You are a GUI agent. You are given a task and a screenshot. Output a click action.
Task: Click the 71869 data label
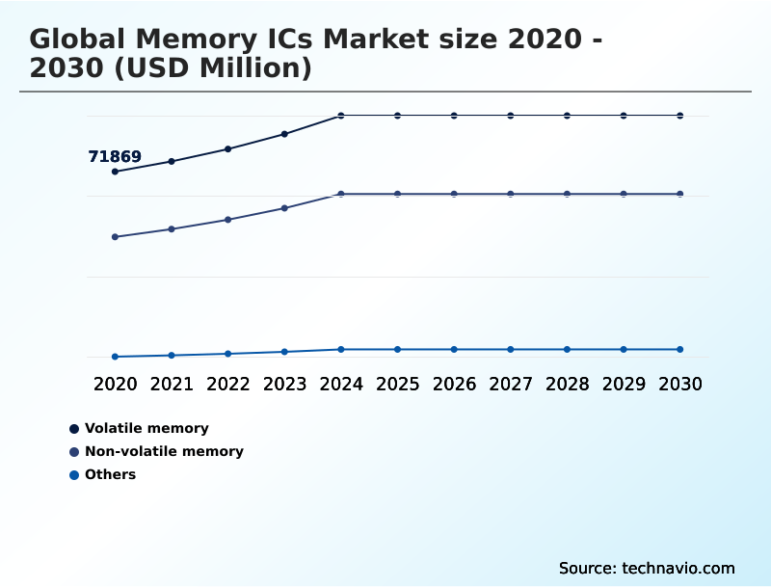[115, 156]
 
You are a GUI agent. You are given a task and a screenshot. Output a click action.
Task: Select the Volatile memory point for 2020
[115, 172]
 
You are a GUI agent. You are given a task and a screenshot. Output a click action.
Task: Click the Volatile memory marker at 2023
[284, 134]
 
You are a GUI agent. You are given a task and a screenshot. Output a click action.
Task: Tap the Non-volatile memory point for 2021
[172, 228]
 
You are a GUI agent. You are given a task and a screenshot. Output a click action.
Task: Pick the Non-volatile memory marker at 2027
[511, 194]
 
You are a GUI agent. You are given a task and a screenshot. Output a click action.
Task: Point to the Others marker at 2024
[341, 349]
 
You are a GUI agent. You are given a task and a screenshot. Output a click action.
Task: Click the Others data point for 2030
[680, 349]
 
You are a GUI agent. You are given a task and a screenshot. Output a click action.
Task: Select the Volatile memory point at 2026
[454, 116]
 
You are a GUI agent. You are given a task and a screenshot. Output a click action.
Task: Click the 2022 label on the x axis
[228, 384]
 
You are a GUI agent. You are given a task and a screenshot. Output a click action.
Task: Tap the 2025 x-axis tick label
[397, 384]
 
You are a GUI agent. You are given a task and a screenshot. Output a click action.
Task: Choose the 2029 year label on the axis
[624, 384]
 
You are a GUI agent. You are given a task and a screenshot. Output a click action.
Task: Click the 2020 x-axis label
[115, 384]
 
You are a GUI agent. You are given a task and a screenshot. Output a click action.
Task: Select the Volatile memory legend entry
[146, 428]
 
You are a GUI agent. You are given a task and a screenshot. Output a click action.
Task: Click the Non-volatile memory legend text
[164, 451]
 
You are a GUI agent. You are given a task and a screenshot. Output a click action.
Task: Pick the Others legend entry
[110, 474]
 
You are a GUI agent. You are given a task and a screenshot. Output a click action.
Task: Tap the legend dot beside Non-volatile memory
[74, 451]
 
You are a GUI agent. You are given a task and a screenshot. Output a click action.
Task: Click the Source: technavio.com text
[647, 568]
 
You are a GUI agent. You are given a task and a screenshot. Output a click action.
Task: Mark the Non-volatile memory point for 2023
[284, 208]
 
